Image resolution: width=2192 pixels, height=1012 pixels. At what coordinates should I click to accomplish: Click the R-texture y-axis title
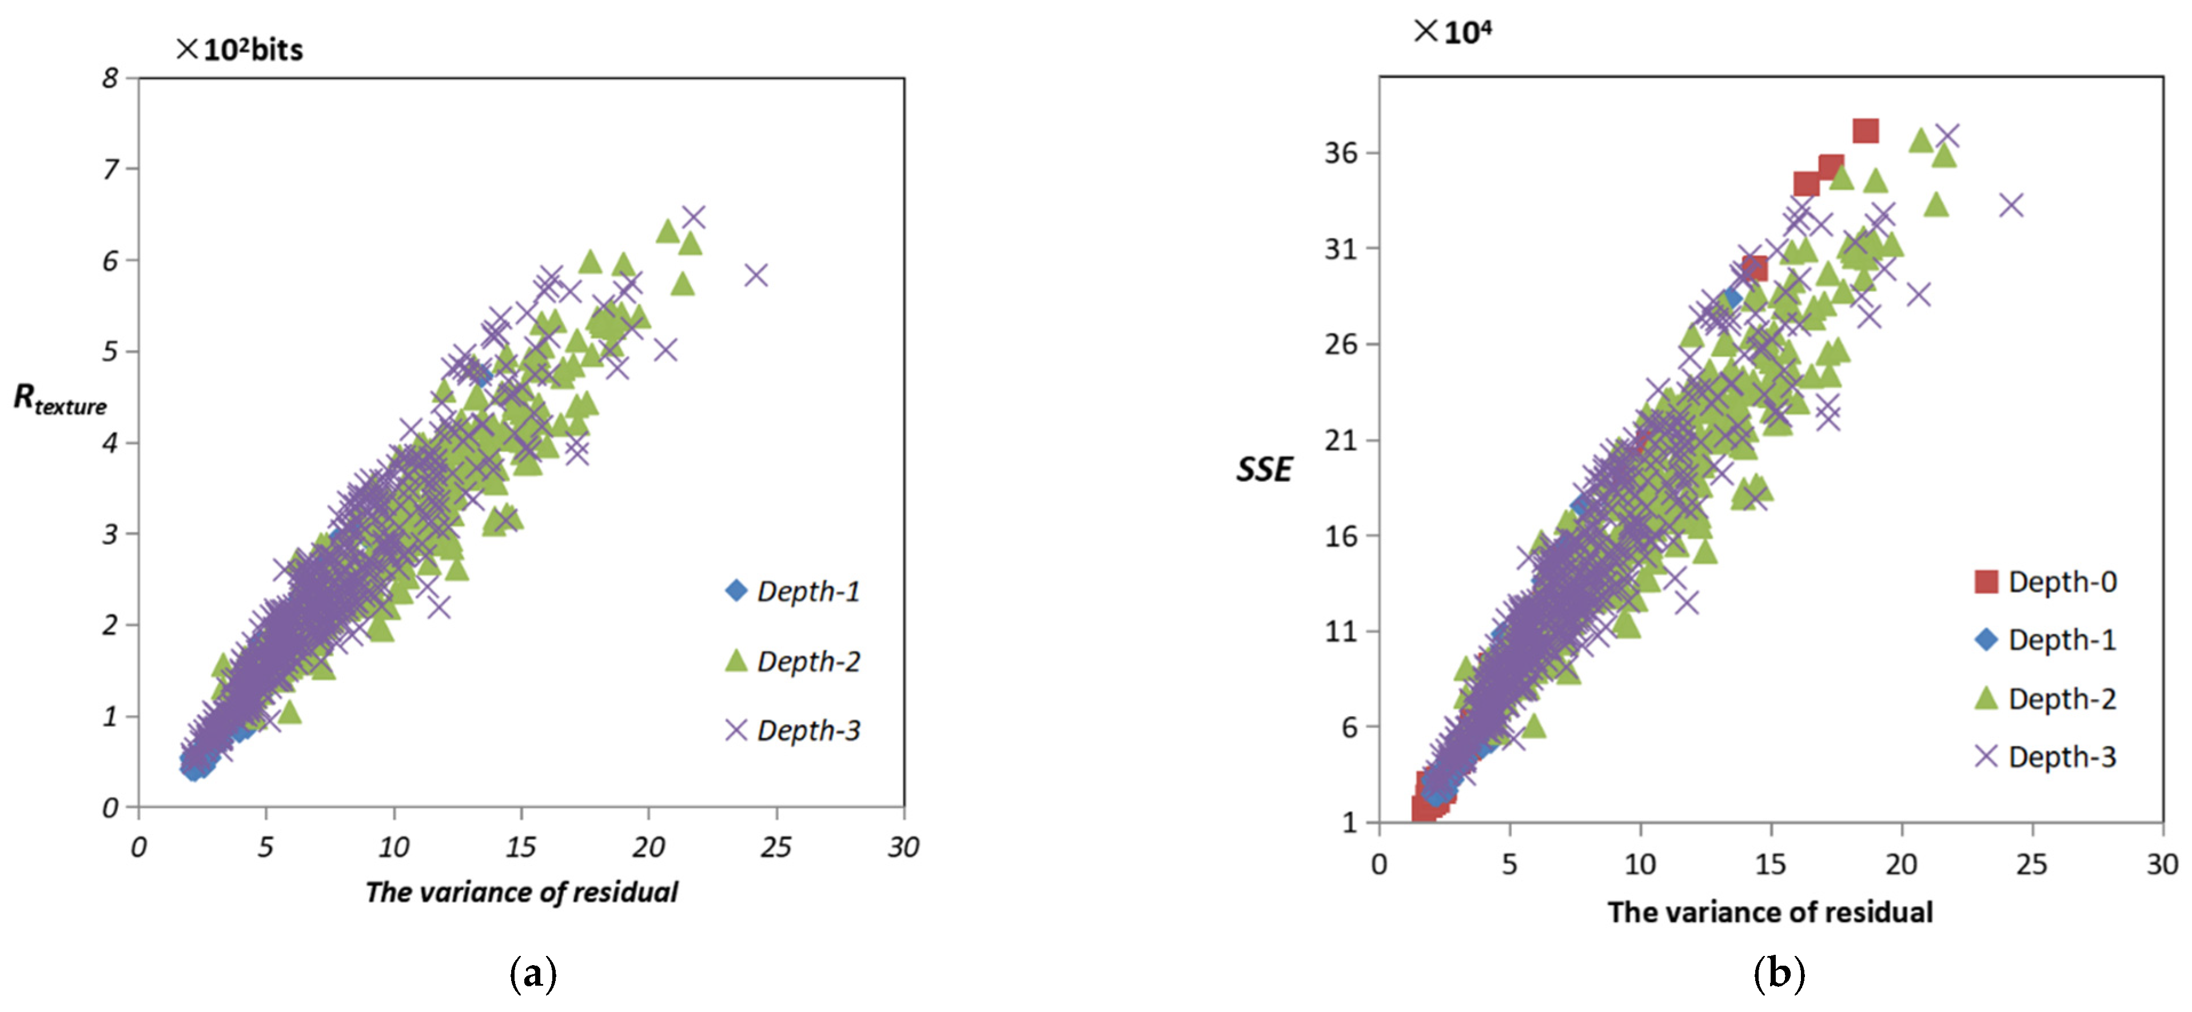coord(59,399)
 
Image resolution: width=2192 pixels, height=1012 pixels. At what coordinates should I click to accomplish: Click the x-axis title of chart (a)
coord(521,892)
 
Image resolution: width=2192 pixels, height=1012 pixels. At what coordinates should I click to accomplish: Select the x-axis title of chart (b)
coord(1770,911)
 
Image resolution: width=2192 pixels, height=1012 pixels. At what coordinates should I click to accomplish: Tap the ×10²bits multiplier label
coord(240,49)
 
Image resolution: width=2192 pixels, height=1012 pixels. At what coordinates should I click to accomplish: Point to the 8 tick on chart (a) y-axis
coord(110,78)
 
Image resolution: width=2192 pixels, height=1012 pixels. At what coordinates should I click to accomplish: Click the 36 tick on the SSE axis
coord(1341,153)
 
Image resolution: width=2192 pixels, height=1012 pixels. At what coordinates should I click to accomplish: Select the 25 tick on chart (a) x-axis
coord(776,847)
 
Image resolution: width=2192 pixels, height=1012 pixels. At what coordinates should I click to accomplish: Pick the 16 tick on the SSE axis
coord(1341,536)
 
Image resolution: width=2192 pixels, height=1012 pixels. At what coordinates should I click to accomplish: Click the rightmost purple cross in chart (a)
coord(756,275)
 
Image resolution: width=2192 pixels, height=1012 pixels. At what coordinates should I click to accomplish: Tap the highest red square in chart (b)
coord(1865,130)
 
